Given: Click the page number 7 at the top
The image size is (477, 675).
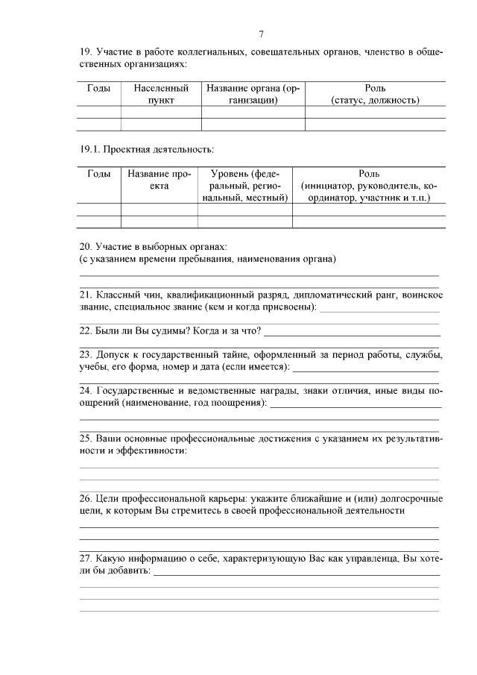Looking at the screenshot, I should (261, 34).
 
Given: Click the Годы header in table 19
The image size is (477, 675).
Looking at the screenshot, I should (98, 88).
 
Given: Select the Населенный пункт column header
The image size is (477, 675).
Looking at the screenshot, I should (161, 94).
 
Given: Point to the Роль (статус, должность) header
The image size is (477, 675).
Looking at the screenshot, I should (375, 94).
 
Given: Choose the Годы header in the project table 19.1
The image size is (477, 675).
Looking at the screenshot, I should (98, 173).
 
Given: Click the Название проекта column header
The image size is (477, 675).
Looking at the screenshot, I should (159, 179).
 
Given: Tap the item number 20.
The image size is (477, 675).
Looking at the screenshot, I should (85, 246).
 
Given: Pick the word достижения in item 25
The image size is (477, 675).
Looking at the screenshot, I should (272, 439).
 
